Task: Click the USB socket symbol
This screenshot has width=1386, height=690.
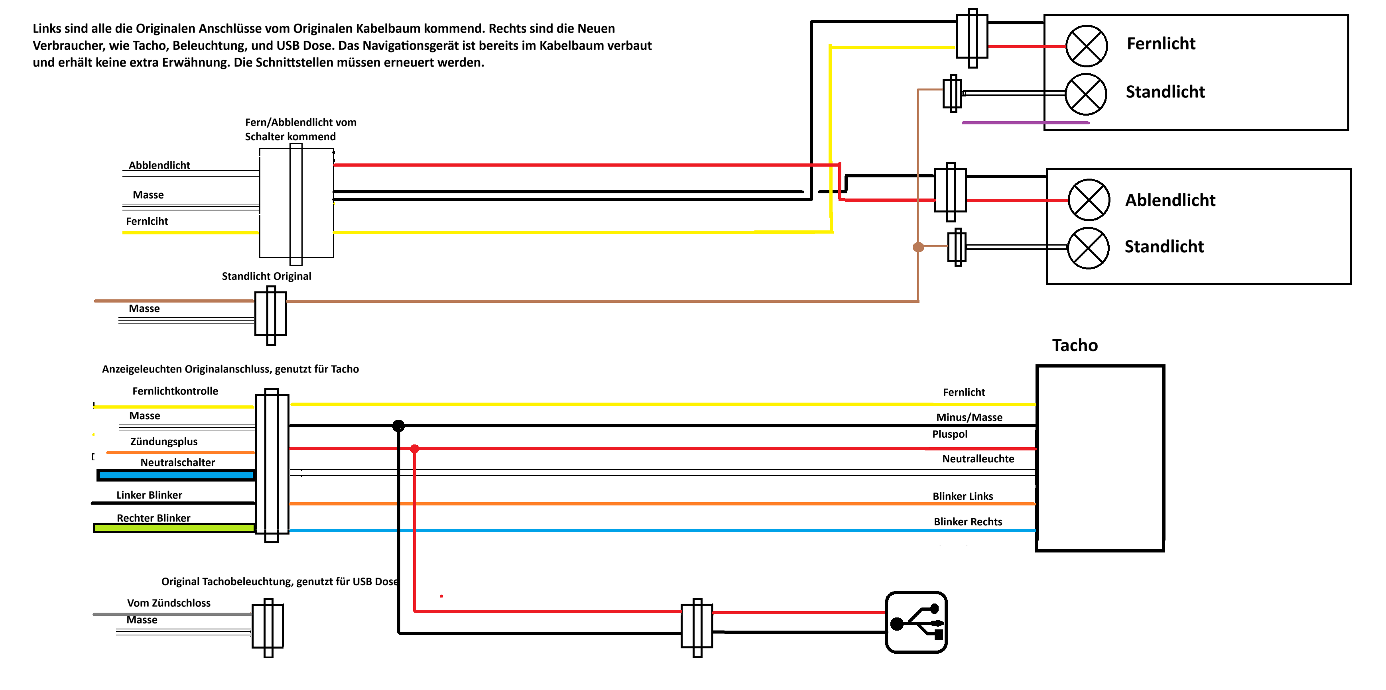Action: pyautogui.click(x=916, y=622)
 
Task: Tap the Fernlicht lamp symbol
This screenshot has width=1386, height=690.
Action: pyautogui.click(x=1086, y=46)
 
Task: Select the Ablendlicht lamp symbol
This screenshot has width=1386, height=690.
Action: pyautogui.click(x=1089, y=200)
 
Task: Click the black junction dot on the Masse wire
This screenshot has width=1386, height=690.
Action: pyautogui.click(x=398, y=426)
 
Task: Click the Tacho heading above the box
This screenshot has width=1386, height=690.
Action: pyautogui.click(x=1075, y=345)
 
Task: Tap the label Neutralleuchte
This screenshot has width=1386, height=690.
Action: pyautogui.click(x=978, y=459)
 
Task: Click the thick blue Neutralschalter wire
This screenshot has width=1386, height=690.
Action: pyautogui.click(x=175, y=475)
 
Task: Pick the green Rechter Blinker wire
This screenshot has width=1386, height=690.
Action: pyautogui.click(x=174, y=528)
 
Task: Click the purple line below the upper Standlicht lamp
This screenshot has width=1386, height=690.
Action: pyautogui.click(x=1025, y=123)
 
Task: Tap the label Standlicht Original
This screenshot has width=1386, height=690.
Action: pyautogui.click(x=266, y=276)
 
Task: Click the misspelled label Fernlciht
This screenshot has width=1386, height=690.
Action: pyautogui.click(x=147, y=221)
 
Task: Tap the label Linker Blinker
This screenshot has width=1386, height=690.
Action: pyautogui.click(x=149, y=495)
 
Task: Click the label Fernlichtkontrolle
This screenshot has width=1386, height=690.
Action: pyautogui.click(x=175, y=391)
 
